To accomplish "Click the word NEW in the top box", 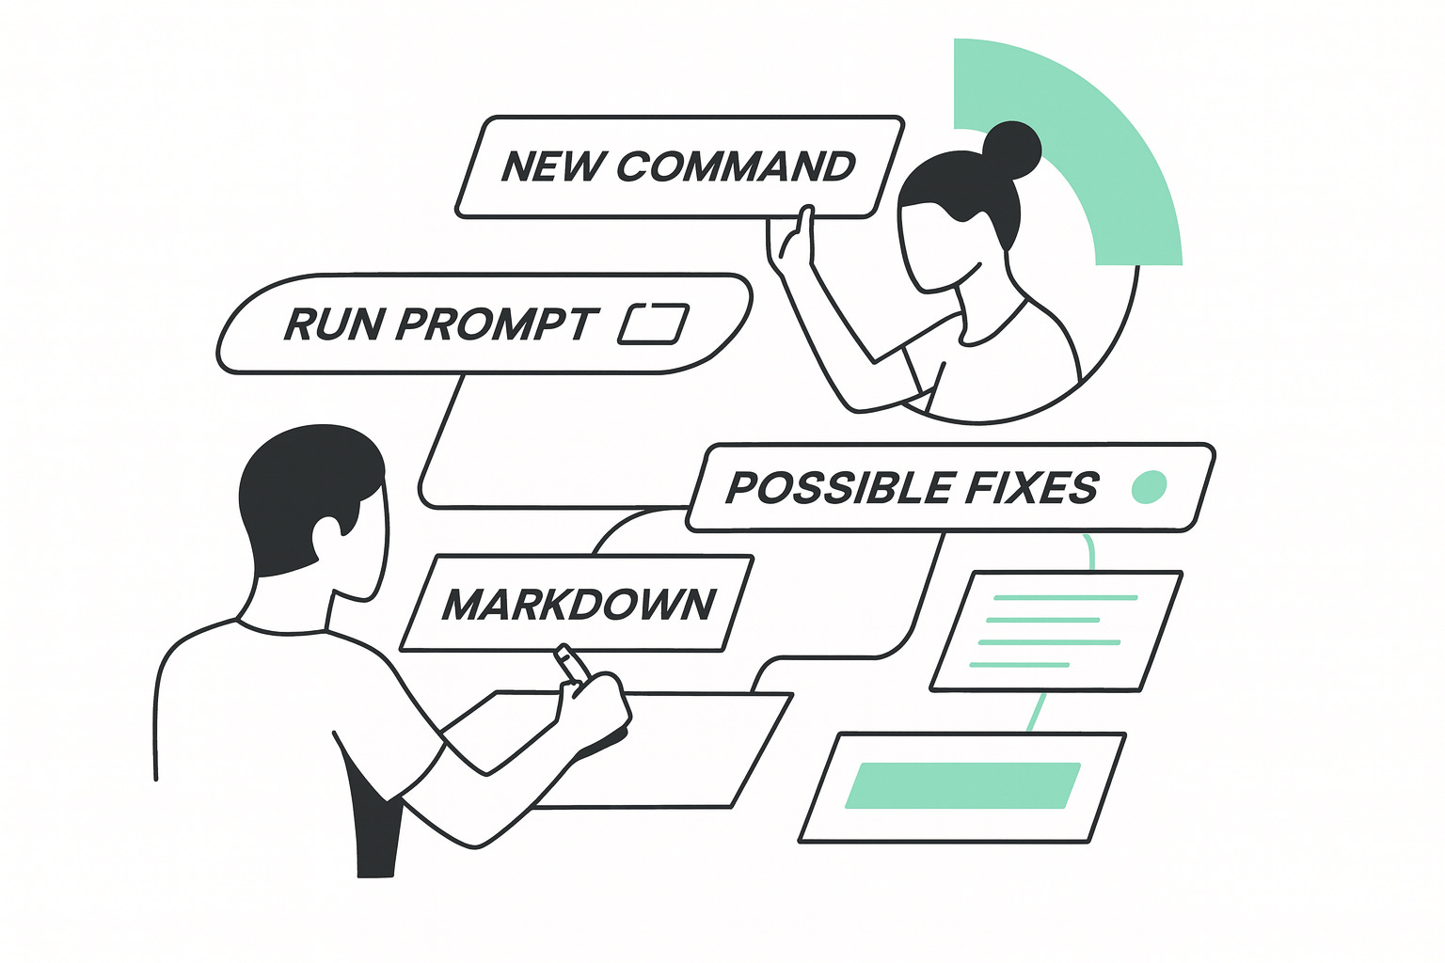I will click(552, 166).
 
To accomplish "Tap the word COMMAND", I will click(736, 166).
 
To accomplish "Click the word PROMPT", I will click(496, 324).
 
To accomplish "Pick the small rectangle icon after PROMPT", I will click(653, 324).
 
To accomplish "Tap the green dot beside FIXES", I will click(1149, 486).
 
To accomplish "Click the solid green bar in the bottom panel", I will click(962, 785).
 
